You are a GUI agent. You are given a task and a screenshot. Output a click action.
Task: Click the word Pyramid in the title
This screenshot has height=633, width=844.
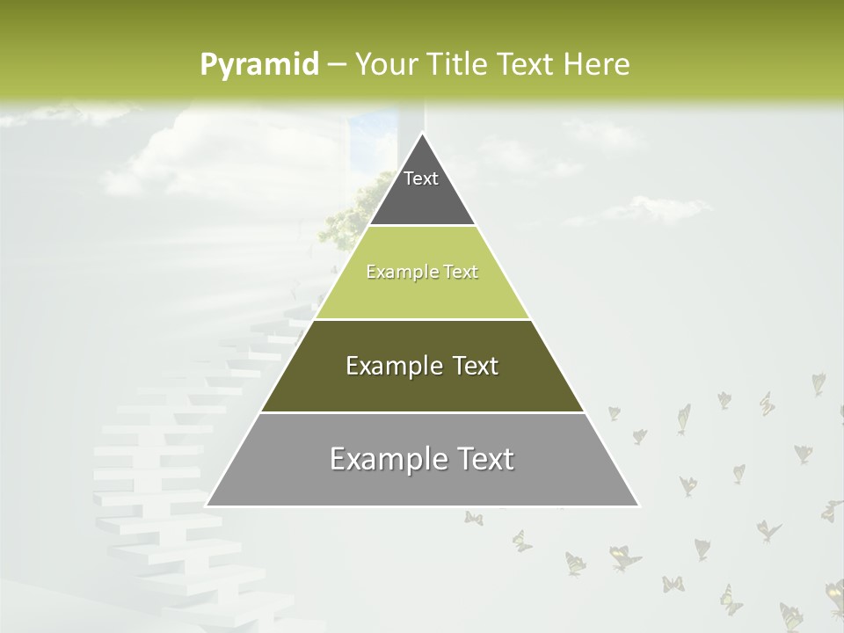(258, 65)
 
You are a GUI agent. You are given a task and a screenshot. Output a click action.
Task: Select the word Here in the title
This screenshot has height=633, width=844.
(596, 64)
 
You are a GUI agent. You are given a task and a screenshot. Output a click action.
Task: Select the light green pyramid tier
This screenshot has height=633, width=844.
(422, 295)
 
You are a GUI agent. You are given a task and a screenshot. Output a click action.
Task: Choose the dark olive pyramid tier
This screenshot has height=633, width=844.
(422, 387)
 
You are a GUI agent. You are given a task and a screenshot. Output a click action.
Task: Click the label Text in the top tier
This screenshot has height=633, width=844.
(421, 178)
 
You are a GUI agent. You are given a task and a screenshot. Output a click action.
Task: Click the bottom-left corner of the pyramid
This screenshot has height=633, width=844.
(207, 506)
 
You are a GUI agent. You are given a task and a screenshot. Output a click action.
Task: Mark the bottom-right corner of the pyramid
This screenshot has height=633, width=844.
(637, 506)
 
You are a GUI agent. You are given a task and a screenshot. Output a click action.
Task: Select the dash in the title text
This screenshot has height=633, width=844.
(336, 65)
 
